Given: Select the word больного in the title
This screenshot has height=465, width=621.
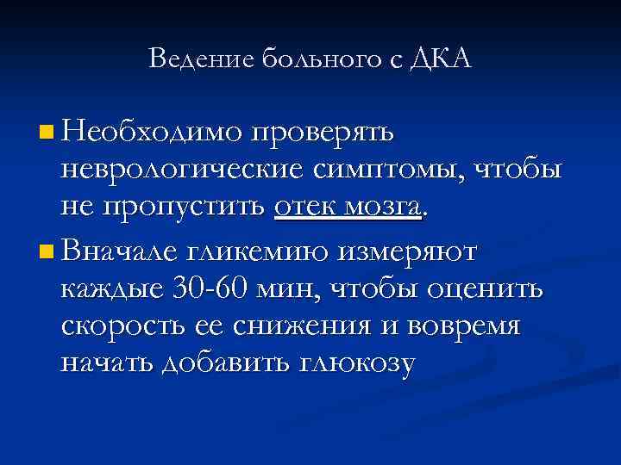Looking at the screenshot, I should [308, 59].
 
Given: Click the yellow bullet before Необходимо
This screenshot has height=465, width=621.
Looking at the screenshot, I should [46, 133].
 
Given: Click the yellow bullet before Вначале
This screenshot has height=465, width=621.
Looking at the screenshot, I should [46, 252].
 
